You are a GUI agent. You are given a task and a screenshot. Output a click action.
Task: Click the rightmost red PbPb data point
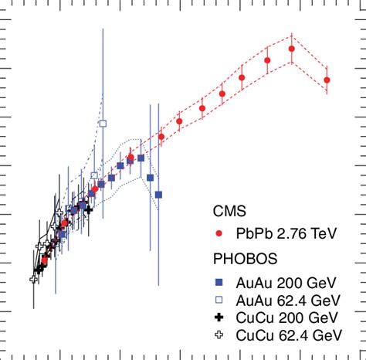pyautogui.click(x=327, y=80)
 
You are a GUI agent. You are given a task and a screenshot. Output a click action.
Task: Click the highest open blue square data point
pyautogui.click(x=103, y=123)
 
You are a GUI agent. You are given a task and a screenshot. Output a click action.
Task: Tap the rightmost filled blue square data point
pyautogui.click(x=158, y=195)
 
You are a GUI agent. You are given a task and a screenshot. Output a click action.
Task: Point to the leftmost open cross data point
pyautogui.click(x=34, y=279)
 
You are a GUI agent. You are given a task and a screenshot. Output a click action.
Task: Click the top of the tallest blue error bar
pyautogui.click(x=103, y=29)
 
